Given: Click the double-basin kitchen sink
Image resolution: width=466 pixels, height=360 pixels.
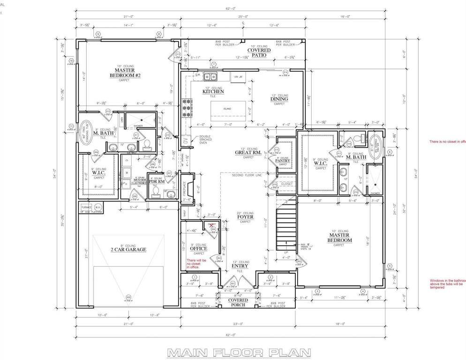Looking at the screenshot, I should [210, 76].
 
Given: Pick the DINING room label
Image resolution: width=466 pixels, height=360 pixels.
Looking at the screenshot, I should [279, 99].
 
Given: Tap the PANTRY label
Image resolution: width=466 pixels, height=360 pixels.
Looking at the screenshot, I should [283, 161].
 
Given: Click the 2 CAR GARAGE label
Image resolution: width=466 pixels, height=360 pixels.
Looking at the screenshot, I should [128, 250].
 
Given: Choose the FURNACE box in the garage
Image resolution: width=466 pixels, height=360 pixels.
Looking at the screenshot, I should [86, 207].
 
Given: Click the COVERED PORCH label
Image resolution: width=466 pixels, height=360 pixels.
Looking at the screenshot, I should [238, 302].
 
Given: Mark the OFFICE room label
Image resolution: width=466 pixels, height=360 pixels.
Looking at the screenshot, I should [198, 248].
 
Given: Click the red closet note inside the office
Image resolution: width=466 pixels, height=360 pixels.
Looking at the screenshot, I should [196, 263].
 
